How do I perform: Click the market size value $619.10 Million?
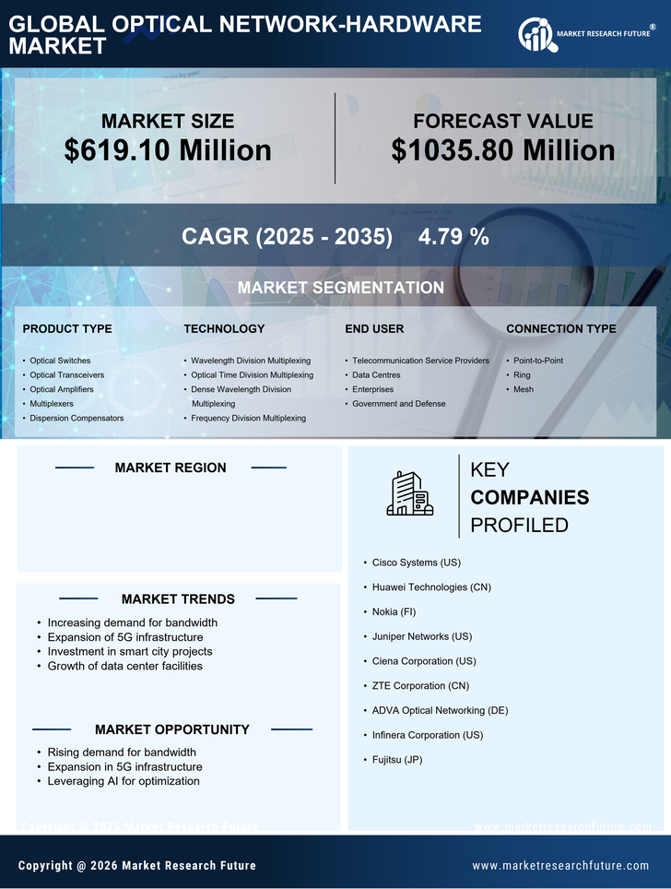pos(168,150)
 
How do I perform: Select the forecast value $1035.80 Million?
pos(502,150)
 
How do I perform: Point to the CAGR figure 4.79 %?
pos(453,237)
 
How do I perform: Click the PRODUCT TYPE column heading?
pos(67,329)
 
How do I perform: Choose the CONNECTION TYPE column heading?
pos(561,329)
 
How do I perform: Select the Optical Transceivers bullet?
pos(67,375)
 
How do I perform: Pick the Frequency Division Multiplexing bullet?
pos(248,419)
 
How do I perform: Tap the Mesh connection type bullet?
pos(524,390)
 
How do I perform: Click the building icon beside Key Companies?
pos(409,493)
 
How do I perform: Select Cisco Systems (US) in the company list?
pos(417,563)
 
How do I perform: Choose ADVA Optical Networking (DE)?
pos(440,711)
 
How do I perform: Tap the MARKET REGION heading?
pos(171,468)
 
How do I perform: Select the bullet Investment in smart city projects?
pos(130,652)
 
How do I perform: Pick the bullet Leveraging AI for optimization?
pos(124,782)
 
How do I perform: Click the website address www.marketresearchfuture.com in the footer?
pos(560,866)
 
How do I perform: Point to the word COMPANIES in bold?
pos(529,498)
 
